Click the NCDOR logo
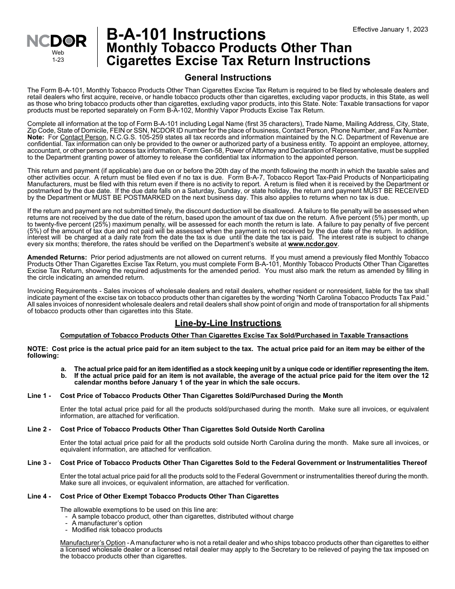click(57, 42)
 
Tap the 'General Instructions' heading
click(228, 78)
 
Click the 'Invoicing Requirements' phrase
click(57, 291)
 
